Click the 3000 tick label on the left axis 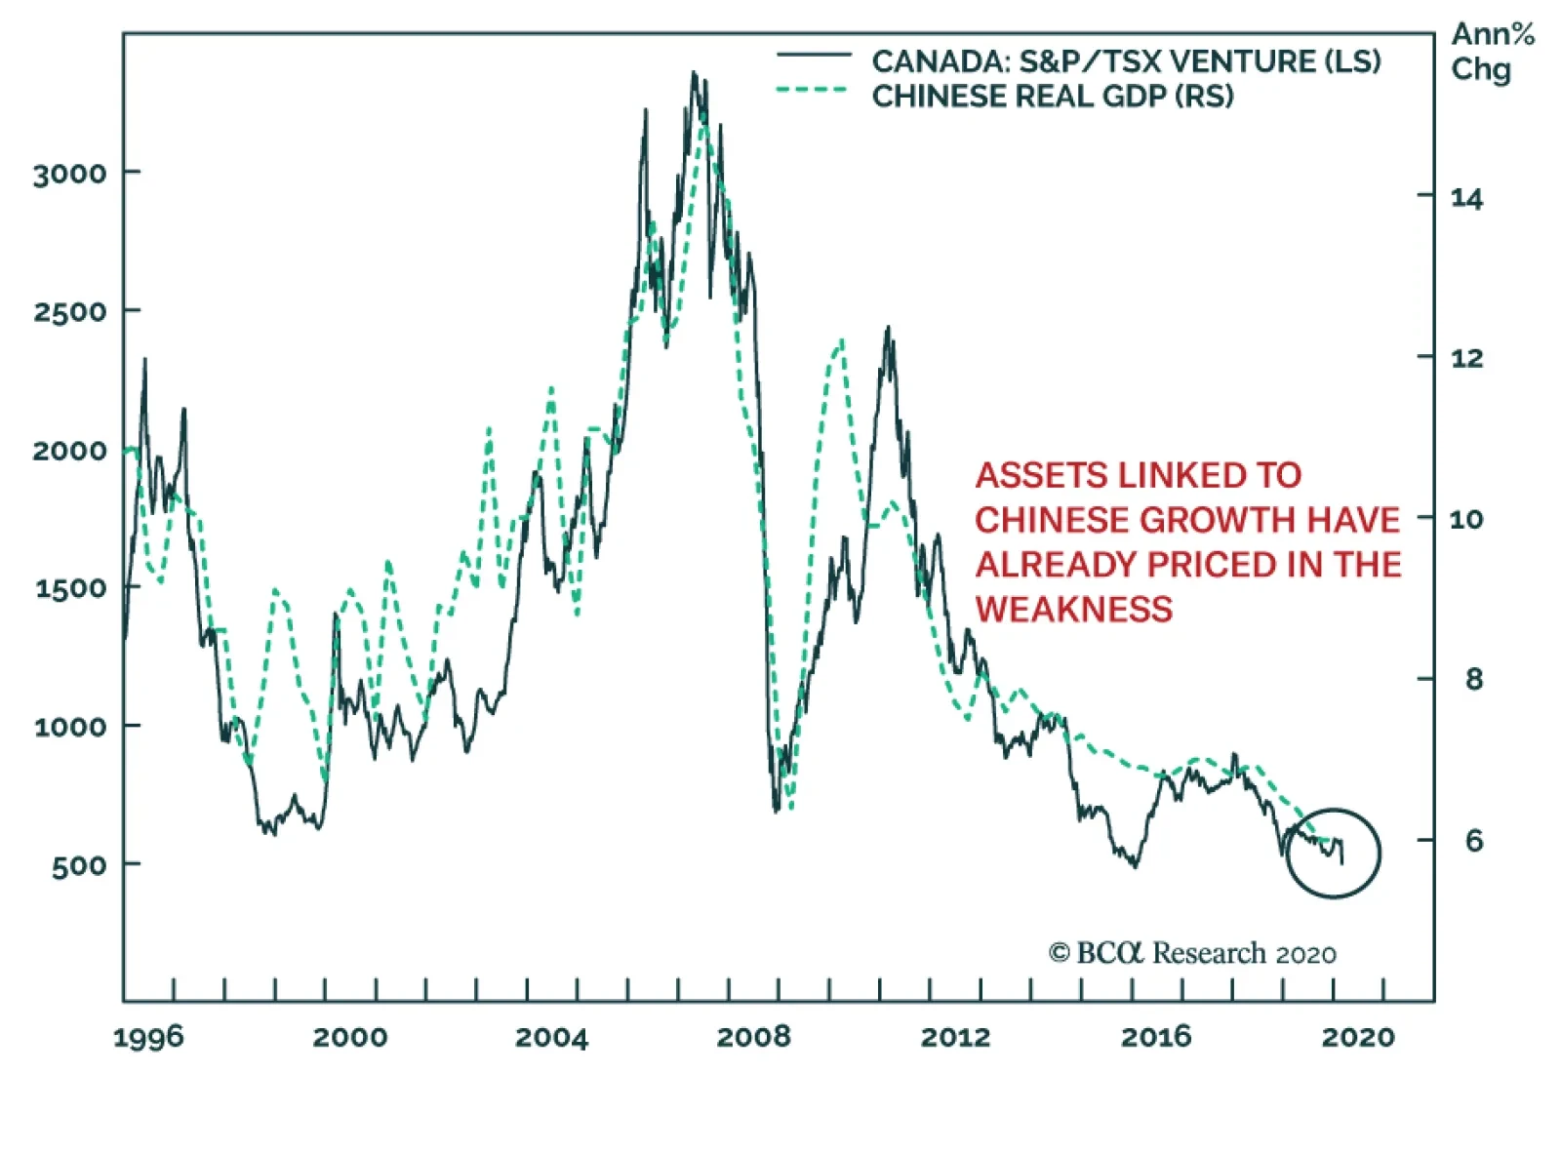[x=69, y=175]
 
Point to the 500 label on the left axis [x=79, y=865]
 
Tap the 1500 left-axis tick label [x=69, y=589]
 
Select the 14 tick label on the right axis [x=1466, y=199]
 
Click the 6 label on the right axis [x=1473, y=841]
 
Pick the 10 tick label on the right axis [x=1466, y=519]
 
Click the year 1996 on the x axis [x=148, y=1036]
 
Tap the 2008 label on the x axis [x=753, y=1036]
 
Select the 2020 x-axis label [x=1358, y=1036]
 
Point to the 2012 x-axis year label [x=955, y=1036]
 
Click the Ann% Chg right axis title [x=1491, y=53]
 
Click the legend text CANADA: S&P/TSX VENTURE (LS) [x=1126, y=61]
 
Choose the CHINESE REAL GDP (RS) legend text [x=1052, y=97]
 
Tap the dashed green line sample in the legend [x=812, y=91]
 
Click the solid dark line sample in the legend [x=812, y=56]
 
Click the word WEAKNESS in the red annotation [x=1073, y=610]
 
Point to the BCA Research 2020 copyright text [x=1192, y=953]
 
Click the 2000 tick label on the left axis [x=69, y=451]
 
